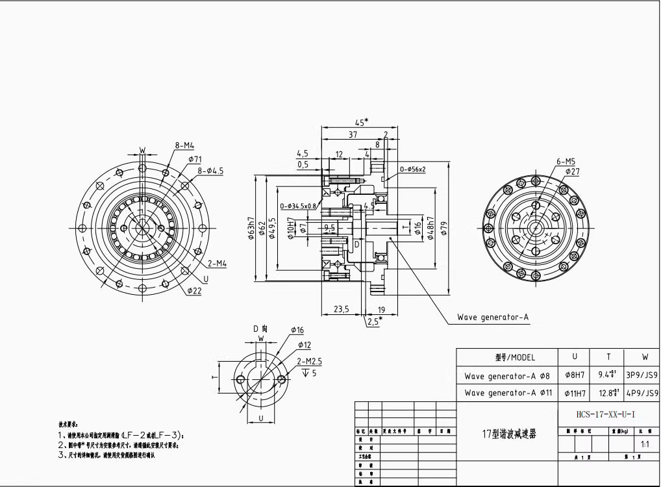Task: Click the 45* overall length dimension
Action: pyautogui.click(x=362, y=121)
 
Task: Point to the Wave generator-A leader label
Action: pyautogui.click(x=493, y=318)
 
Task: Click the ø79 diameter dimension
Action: pyautogui.click(x=445, y=229)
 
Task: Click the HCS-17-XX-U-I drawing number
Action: pyautogui.click(x=597, y=414)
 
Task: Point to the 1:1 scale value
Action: pyautogui.click(x=645, y=446)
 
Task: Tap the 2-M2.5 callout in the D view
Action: pyautogui.click(x=310, y=361)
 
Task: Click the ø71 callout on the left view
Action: pyautogui.click(x=195, y=159)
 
